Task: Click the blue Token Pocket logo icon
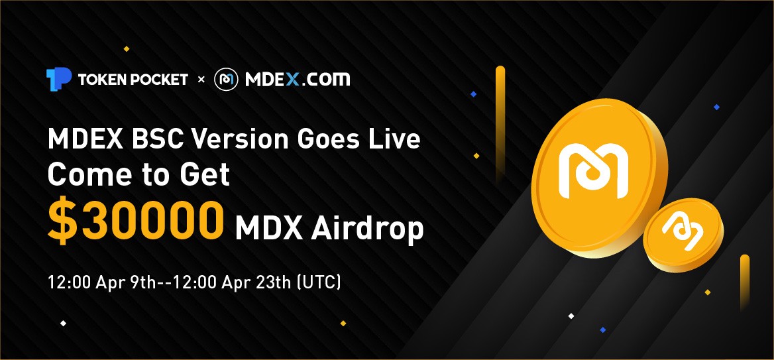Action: point(59,79)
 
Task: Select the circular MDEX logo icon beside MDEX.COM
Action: point(226,80)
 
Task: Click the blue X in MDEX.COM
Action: point(293,79)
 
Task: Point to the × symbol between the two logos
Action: point(201,80)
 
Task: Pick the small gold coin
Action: point(683,235)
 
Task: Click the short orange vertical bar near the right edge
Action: point(745,282)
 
